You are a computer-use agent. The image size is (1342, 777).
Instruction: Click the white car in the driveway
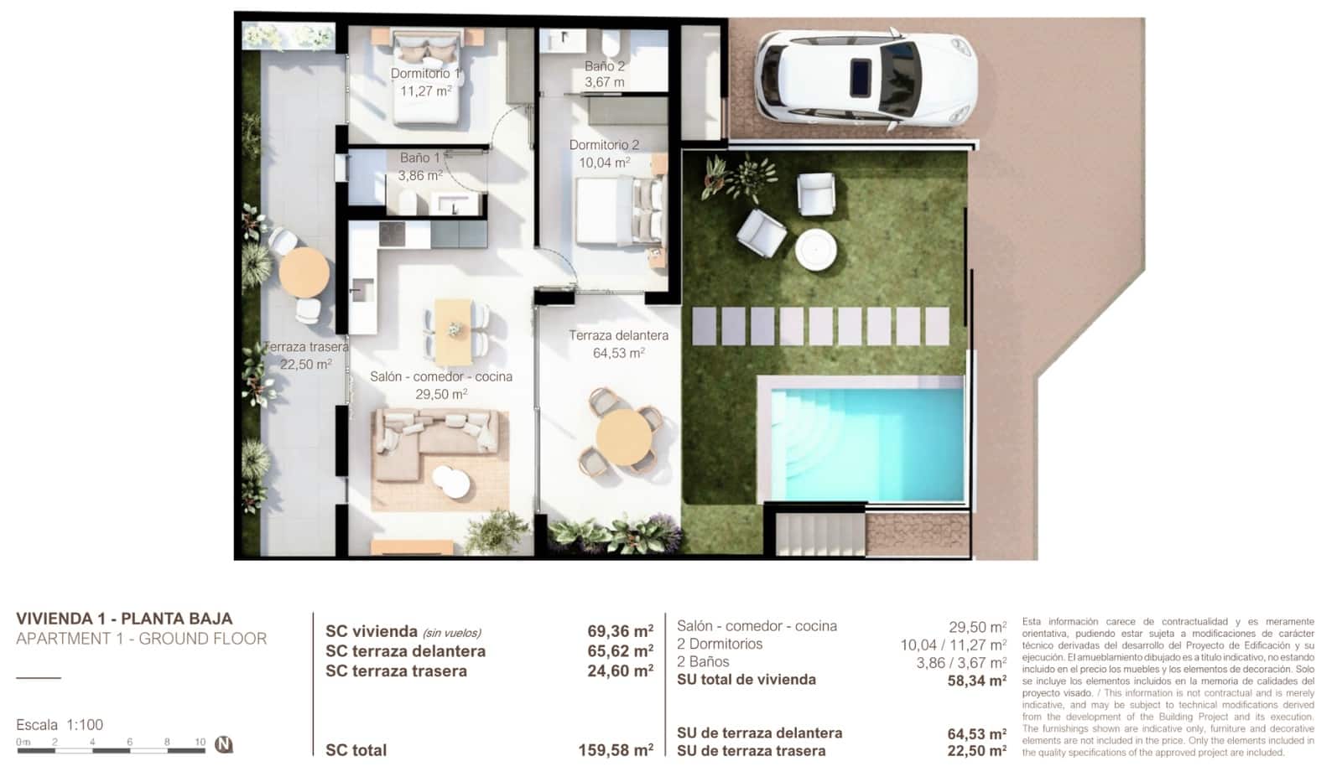pyautogui.click(x=864, y=78)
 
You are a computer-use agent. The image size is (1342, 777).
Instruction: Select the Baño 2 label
pyautogui.click(x=604, y=66)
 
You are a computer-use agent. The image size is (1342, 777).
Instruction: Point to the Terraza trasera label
pyautogui.click(x=305, y=347)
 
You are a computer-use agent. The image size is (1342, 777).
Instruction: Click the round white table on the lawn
pyautogui.click(x=816, y=249)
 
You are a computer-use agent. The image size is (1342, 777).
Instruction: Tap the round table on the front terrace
pyautogui.click(x=623, y=435)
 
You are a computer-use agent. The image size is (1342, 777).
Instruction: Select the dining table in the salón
pyautogui.click(x=454, y=329)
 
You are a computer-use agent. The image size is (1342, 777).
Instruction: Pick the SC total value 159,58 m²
pyautogui.click(x=616, y=750)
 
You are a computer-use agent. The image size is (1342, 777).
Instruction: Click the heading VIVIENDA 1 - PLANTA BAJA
pyautogui.click(x=124, y=619)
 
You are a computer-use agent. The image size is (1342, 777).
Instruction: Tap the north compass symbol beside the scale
pyautogui.click(x=223, y=744)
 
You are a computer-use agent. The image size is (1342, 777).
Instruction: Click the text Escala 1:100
pyautogui.click(x=60, y=725)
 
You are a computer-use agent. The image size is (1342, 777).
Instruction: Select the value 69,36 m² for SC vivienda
pyautogui.click(x=620, y=631)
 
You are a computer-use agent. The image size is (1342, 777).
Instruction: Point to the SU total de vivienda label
pyautogui.click(x=746, y=680)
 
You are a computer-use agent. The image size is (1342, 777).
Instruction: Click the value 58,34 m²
pyautogui.click(x=976, y=681)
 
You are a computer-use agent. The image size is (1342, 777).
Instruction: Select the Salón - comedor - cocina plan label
pyautogui.click(x=441, y=377)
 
